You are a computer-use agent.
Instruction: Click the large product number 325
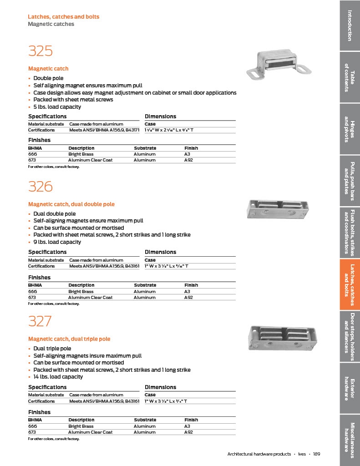pyautogui.click(x=41, y=51)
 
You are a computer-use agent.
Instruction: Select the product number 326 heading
pyautogui.click(x=41, y=187)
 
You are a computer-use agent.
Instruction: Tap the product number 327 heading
pyautogui.click(x=40, y=321)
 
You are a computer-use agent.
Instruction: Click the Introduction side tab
pyautogui.click(x=350, y=25)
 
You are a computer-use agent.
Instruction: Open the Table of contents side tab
pyautogui.click(x=350, y=77)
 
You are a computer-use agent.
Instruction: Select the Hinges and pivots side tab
pyautogui.click(x=350, y=129)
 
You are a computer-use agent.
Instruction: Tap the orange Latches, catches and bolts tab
pyautogui.click(x=350, y=284)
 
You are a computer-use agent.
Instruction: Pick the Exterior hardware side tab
pyautogui.click(x=350, y=389)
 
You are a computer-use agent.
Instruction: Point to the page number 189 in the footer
pyautogui.click(x=317, y=454)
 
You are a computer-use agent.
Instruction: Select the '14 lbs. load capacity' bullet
pyautogui.click(x=58, y=377)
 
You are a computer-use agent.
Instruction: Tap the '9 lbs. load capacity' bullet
pyautogui.click(x=57, y=242)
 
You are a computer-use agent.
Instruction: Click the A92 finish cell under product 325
pyautogui.click(x=189, y=160)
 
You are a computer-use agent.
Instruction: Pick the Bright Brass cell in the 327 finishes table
pyautogui.click(x=81, y=426)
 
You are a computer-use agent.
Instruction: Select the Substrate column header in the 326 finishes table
pyautogui.click(x=145, y=285)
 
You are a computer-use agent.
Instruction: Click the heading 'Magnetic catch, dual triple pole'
pyautogui.click(x=69, y=339)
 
